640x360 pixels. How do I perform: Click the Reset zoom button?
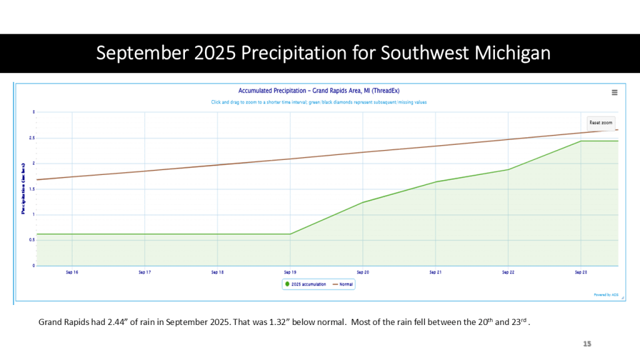[x=601, y=122]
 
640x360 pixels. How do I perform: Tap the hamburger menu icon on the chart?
[x=614, y=92]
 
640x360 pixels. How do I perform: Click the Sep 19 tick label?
[x=290, y=272]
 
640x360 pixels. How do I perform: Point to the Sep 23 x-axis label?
[x=581, y=272]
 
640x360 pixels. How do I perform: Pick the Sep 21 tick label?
[x=436, y=272]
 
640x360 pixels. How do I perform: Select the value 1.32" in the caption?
[x=262, y=322]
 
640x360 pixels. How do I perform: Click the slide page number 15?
[x=587, y=344]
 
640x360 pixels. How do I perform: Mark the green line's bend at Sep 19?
[x=290, y=234]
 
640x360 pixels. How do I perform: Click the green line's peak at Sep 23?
[x=581, y=141]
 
